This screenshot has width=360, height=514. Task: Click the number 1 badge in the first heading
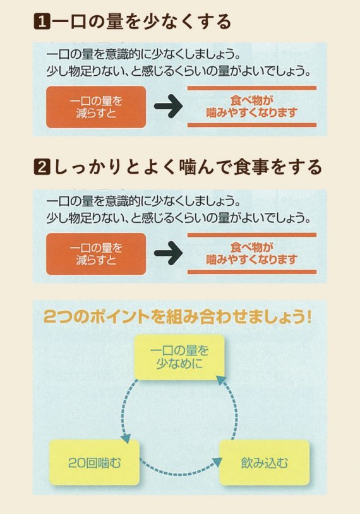point(42,22)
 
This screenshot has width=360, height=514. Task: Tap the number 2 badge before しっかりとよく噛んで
point(42,167)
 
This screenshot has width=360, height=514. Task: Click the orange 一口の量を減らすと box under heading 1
point(96,107)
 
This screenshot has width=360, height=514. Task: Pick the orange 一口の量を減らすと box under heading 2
point(96,254)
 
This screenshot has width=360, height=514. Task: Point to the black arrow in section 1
point(168,106)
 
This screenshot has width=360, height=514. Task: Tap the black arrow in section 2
point(168,253)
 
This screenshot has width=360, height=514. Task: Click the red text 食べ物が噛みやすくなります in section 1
point(252,107)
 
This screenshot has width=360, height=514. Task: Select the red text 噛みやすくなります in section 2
point(252,260)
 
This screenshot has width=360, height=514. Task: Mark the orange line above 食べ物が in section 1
point(252,88)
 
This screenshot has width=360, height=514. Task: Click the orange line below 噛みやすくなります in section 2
point(252,272)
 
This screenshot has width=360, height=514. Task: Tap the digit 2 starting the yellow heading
point(49,317)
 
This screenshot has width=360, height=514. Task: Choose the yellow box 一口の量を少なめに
point(179,357)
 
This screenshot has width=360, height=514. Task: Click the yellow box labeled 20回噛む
point(95,462)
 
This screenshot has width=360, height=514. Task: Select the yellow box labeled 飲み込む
point(264,462)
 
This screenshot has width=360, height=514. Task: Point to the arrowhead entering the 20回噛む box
point(126,438)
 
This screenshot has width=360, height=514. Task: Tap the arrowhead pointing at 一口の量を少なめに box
point(221,381)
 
